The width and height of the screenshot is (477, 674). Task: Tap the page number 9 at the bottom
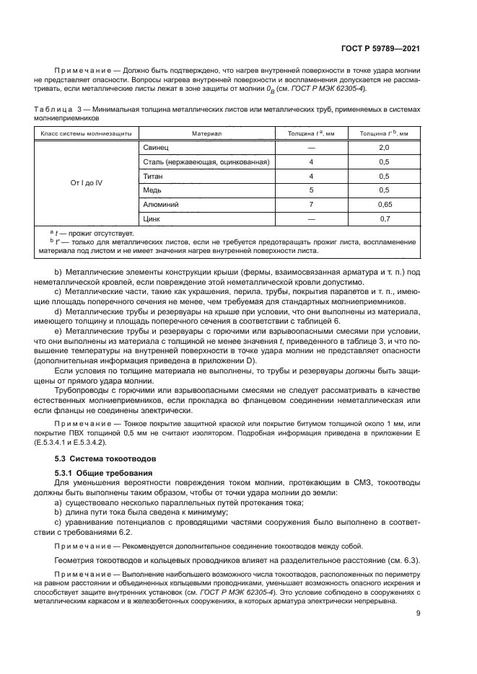click(x=418, y=613)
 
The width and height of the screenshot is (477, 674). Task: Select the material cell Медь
click(x=152, y=190)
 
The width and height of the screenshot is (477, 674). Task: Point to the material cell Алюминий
click(x=159, y=205)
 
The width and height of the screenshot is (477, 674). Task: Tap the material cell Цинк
click(x=152, y=218)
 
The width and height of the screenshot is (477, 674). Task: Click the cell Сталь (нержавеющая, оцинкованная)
click(x=206, y=162)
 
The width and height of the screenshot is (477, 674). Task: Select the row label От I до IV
click(x=86, y=183)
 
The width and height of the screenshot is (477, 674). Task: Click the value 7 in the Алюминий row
click(x=311, y=205)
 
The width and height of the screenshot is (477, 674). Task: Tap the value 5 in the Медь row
click(x=311, y=190)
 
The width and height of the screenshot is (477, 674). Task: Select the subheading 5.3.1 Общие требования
click(x=102, y=472)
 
